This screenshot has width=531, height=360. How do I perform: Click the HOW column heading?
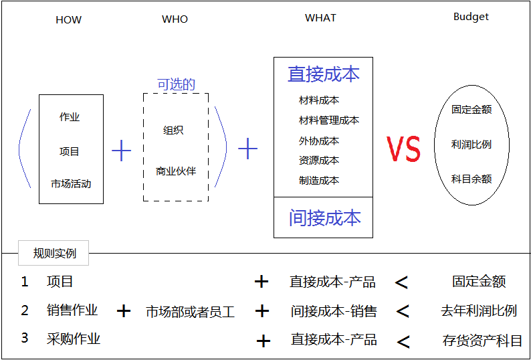click(x=69, y=19)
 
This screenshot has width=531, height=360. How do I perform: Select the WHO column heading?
click(x=175, y=19)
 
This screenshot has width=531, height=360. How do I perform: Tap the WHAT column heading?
click(x=321, y=17)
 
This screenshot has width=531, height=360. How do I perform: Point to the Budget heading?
click(x=471, y=17)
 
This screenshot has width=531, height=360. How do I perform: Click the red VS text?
click(x=404, y=149)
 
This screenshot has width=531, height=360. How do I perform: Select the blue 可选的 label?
click(x=177, y=84)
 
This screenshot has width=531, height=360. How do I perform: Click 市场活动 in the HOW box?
click(x=71, y=184)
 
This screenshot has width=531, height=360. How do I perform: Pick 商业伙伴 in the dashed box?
click(x=176, y=171)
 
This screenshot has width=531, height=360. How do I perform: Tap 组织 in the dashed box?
click(x=173, y=130)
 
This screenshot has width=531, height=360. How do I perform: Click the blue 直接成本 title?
click(x=324, y=74)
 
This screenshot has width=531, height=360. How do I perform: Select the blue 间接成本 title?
click(x=325, y=217)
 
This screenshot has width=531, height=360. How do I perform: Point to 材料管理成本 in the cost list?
click(x=329, y=120)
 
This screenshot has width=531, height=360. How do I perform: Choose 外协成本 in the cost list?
click(x=319, y=141)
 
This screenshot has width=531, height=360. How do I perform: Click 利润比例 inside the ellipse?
click(x=471, y=145)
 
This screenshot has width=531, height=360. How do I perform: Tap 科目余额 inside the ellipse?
click(x=471, y=179)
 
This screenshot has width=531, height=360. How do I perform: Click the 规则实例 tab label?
click(x=55, y=253)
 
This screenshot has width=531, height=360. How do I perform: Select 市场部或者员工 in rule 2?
click(x=191, y=312)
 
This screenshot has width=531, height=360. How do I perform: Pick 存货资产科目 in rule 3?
click(x=482, y=341)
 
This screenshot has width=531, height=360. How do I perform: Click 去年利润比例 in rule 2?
click(x=479, y=311)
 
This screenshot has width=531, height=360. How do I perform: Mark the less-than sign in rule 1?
click(x=401, y=282)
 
